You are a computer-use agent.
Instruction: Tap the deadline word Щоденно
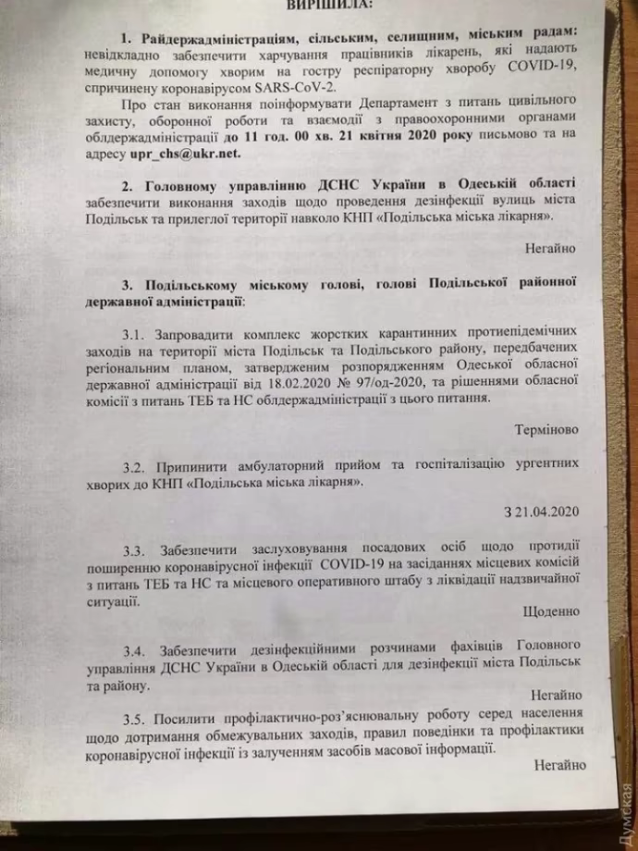[x=552, y=611]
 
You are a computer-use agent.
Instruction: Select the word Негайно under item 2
[x=552, y=247]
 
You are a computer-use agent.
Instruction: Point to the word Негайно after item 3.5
[x=559, y=765]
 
